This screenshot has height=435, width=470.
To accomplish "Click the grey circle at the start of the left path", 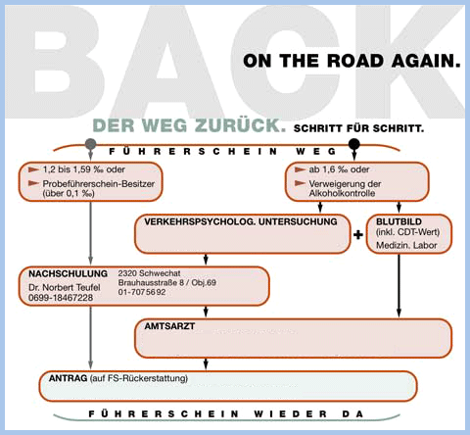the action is click(90, 144).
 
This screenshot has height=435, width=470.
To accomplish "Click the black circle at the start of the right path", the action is click(354, 144).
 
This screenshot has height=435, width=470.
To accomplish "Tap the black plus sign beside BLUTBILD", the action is click(358, 234).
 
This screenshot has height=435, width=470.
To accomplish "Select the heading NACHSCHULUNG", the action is click(68, 273).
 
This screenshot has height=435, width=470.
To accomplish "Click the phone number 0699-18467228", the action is click(61, 298).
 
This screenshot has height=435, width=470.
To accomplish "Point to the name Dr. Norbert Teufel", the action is click(65, 287).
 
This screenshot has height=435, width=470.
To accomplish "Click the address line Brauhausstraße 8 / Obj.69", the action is click(167, 282).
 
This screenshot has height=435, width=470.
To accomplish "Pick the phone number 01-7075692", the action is click(142, 292).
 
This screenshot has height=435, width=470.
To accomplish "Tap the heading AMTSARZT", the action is click(169, 326).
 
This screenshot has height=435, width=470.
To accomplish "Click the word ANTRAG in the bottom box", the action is click(68, 378).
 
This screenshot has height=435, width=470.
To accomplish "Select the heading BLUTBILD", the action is click(399, 221).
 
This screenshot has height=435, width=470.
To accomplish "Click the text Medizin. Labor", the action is click(406, 245).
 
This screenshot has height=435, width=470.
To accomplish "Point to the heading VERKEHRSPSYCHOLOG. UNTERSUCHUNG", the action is click(241, 221).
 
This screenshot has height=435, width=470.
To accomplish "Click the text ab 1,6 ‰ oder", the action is click(339, 169).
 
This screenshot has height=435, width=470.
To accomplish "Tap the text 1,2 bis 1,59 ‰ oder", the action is click(84, 169).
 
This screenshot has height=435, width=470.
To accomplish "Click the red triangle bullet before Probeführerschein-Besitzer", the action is click(33, 183).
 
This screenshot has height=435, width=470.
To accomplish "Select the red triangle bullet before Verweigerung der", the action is click(300, 183).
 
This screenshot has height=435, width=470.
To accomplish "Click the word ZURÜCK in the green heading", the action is click(240, 125).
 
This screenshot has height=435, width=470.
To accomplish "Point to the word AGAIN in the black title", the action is click(426, 61).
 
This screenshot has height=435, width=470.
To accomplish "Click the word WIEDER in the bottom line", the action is click(291, 414).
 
